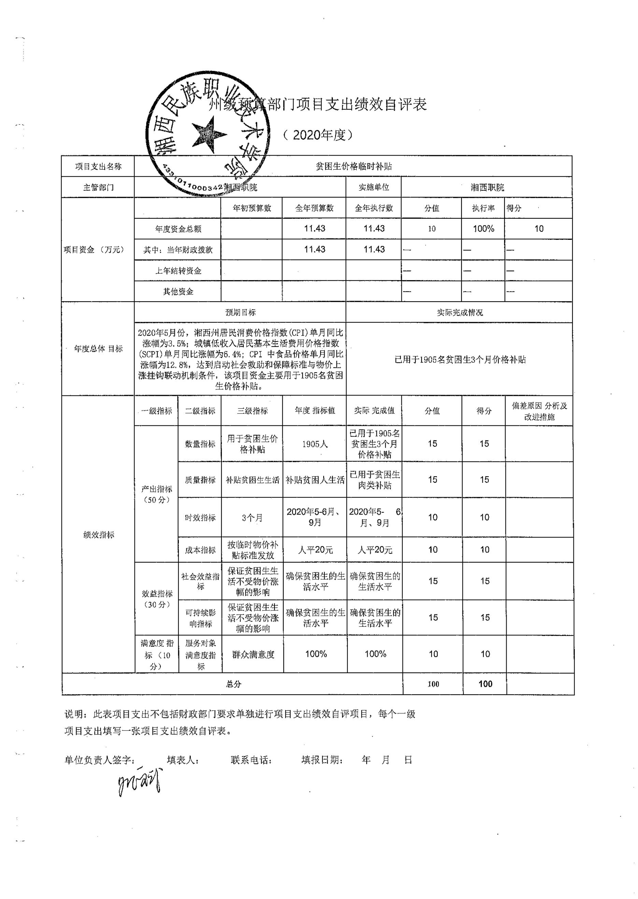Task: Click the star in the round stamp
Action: pyautogui.click(x=208, y=135)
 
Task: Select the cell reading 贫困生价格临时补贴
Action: pyautogui.click(x=354, y=166)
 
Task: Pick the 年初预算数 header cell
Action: pyautogui.click(x=252, y=208)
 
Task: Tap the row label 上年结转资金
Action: pyautogui.click(x=178, y=271)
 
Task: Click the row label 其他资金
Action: pyautogui.click(x=178, y=291)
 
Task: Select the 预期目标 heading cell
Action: pyautogui.click(x=240, y=313)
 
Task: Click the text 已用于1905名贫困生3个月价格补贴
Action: pyautogui.click(x=460, y=359)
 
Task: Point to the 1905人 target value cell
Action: pyautogui.click(x=315, y=444)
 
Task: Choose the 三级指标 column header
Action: pyautogui.click(x=252, y=411)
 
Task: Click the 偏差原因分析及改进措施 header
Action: pyautogui.click(x=539, y=411)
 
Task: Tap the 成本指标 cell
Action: pyautogui.click(x=200, y=550)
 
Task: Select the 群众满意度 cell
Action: pyautogui.click(x=253, y=654)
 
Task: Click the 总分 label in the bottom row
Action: pyautogui.click(x=233, y=684)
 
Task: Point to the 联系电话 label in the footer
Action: pyautogui.click(x=252, y=760)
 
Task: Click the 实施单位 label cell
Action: pyautogui.click(x=373, y=187)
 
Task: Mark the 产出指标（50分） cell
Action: pyautogui.click(x=157, y=494)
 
